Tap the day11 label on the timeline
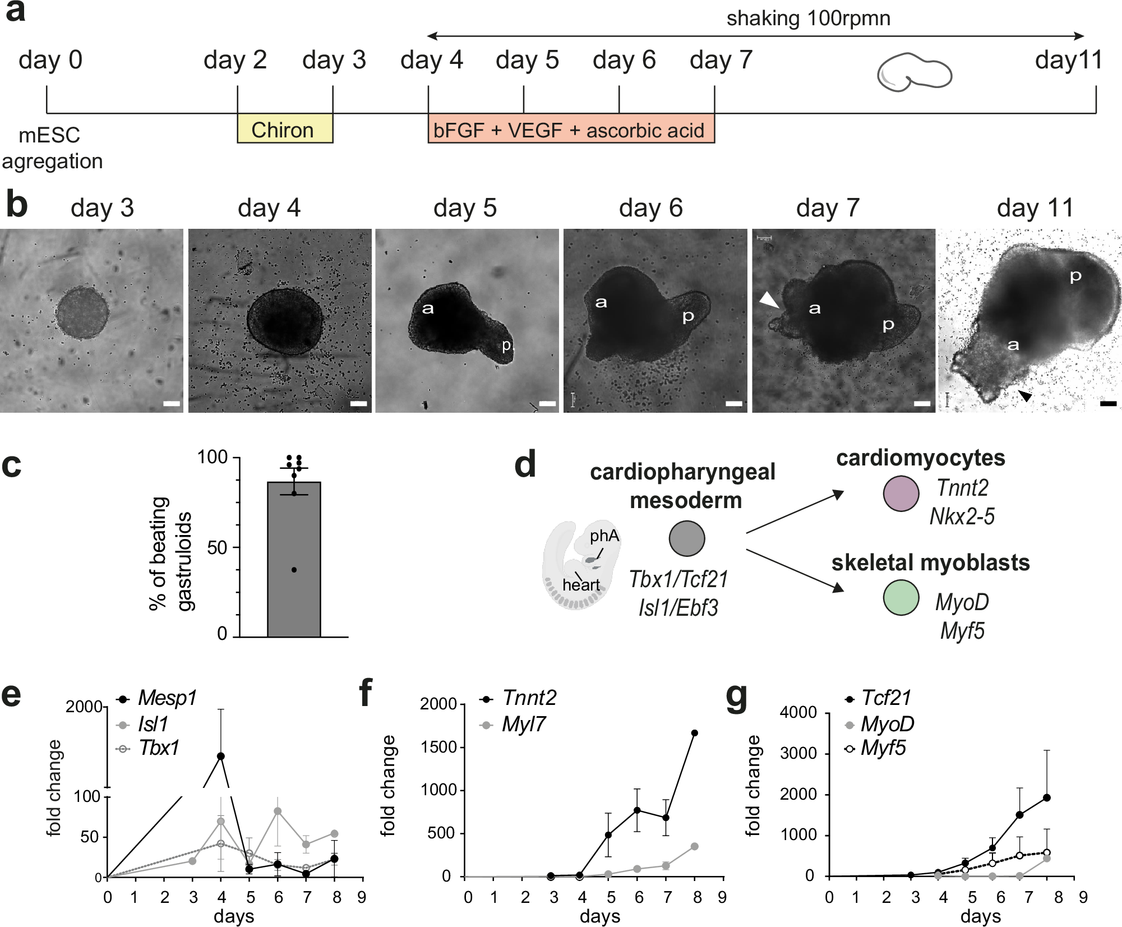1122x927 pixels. (x=1068, y=60)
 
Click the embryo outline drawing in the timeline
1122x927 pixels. (x=914, y=72)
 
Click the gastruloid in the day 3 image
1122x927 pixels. (x=82, y=312)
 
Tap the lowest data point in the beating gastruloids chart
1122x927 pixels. (x=294, y=570)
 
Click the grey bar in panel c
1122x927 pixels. (x=294, y=561)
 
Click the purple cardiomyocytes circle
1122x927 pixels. (x=901, y=494)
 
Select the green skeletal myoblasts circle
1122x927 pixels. (x=901, y=598)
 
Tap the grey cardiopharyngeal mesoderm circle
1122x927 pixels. (x=686, y=538)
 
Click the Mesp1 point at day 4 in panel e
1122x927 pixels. (x=221, y=756)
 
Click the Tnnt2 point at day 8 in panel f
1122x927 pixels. (x=694, y=733)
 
